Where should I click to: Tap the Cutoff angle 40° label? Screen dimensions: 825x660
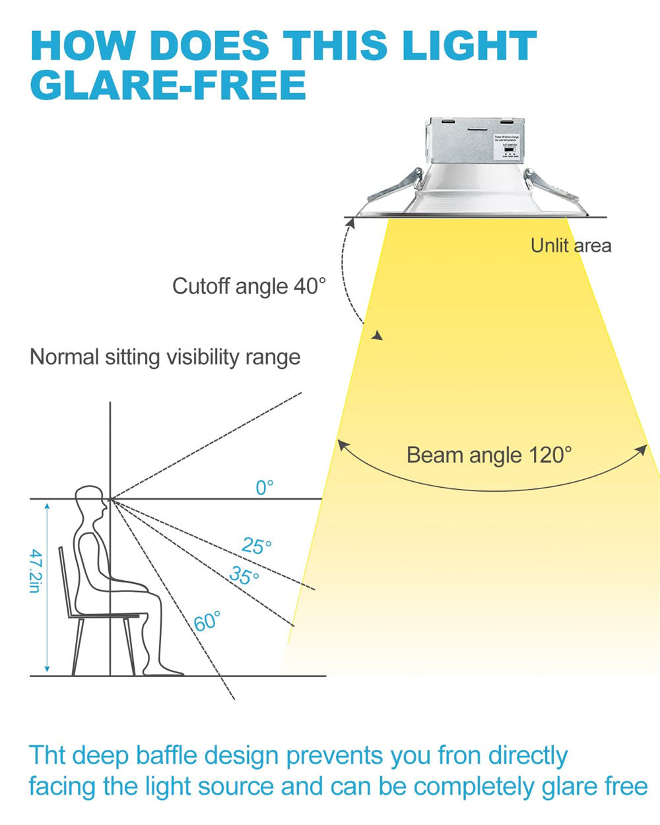click(249, 286)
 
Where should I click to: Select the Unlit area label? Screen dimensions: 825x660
click(571, 246)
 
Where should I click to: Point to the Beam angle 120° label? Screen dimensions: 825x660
click(489, 455)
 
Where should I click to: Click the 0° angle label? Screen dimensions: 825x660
click(264, 488)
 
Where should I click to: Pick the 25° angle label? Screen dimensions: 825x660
click(257, 546)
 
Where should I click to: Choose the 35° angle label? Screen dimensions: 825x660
click(244, 576)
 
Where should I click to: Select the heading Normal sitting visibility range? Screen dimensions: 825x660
click(165, 357)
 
